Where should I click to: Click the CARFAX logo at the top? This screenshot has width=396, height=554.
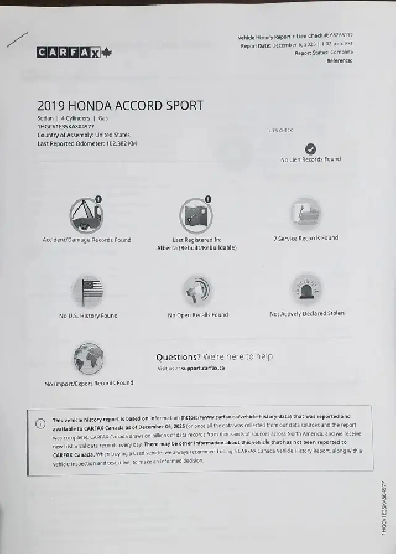pyautogui.click(x=69, y=53)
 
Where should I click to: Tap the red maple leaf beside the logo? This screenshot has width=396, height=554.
pyautogui.click(x=107, y=53)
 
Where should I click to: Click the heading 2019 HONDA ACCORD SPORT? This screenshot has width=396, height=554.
pyautogui.click(x=120, y=105)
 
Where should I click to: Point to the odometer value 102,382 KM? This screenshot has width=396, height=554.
pyautogui.click(x=121, y=143)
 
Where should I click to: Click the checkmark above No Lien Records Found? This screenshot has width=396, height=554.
pyautogui.click(x=311, y=148)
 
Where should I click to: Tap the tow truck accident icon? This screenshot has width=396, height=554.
pyautogui.click(x=86, y=214)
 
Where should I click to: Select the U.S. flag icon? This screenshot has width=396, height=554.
pyautogui.click(x=88, y=291)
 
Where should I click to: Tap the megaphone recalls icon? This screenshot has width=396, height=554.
pyautogui.click(x=197, y=289)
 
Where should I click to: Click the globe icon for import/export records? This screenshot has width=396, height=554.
pyautogui.click(x=88, y=358)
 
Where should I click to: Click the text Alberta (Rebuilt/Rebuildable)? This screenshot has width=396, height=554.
pyautogui.click(x=197, y=248)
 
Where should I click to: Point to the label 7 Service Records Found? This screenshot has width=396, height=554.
pyautogui.click(x=306, y=238)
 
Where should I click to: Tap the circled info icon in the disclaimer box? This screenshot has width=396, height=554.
pyautogui.click(x=40, y=423)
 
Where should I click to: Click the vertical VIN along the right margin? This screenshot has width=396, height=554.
pyautogui.click(x=384, y=506)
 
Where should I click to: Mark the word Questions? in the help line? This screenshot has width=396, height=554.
pyautogui.click(x=178, y=357)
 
